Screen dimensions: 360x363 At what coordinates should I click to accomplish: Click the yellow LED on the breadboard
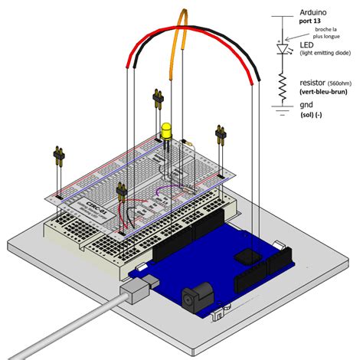167,131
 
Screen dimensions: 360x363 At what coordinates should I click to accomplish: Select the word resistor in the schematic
310,82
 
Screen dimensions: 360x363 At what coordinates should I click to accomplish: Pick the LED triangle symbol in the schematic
283,47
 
